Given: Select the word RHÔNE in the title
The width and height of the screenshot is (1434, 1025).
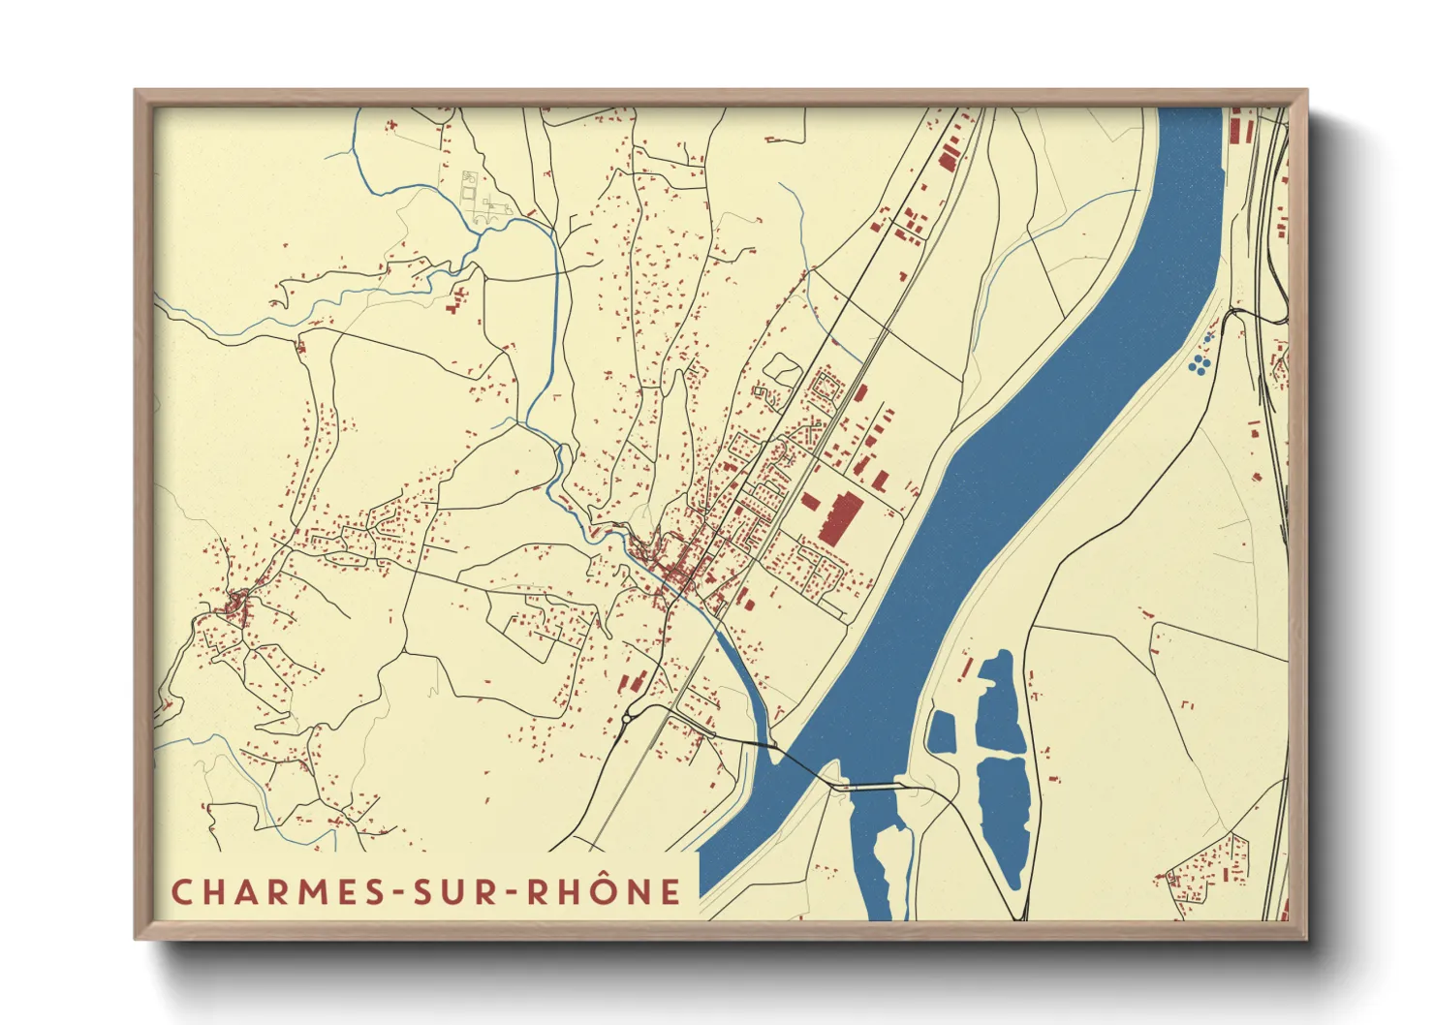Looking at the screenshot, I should click(604, 892).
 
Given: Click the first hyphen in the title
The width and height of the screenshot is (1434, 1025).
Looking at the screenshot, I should click(397, 893).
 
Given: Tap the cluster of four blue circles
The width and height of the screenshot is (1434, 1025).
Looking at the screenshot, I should click(1200, 363).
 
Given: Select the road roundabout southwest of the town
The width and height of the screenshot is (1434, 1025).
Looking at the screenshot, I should click(629, 718).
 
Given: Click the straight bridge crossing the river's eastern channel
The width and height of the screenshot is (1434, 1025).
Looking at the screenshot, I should click(868, 787).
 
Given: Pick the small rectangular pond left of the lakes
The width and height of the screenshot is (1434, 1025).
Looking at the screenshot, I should click(941, 733).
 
